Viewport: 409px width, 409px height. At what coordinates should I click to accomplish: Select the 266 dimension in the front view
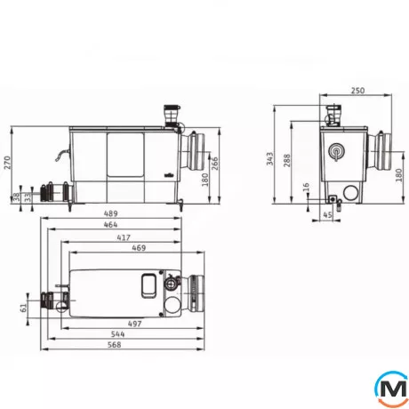click(x=214, y=162)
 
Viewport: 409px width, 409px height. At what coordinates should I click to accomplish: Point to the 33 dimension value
click(x=27, y=198)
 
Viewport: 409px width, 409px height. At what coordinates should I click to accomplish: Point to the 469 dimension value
click(x=139, y=251)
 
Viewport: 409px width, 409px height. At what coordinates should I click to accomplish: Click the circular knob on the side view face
click(x=336, y=152)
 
